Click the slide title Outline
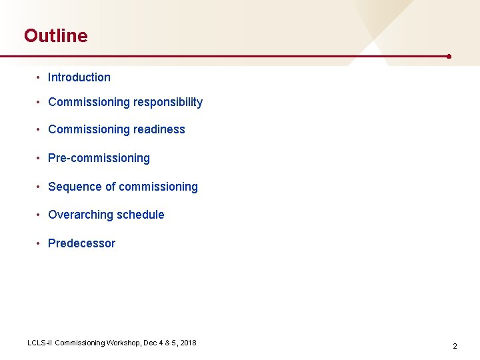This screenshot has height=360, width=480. click(55, 35)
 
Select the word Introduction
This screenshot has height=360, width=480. click(79, 77)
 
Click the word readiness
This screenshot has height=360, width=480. click(159, 129)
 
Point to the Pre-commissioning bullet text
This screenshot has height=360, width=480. click(99, 158)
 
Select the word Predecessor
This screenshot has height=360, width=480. click(81, 243)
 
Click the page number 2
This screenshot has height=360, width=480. click(455, 346)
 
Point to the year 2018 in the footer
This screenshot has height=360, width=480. click(188, 343)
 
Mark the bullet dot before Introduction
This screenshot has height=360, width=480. click(39, 77)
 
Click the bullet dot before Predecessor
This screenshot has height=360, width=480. click(39, 243)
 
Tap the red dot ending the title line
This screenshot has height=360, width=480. click(449, 57)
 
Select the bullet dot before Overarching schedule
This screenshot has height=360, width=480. click(39, 215)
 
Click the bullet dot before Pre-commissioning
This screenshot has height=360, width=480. click(39, 158)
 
